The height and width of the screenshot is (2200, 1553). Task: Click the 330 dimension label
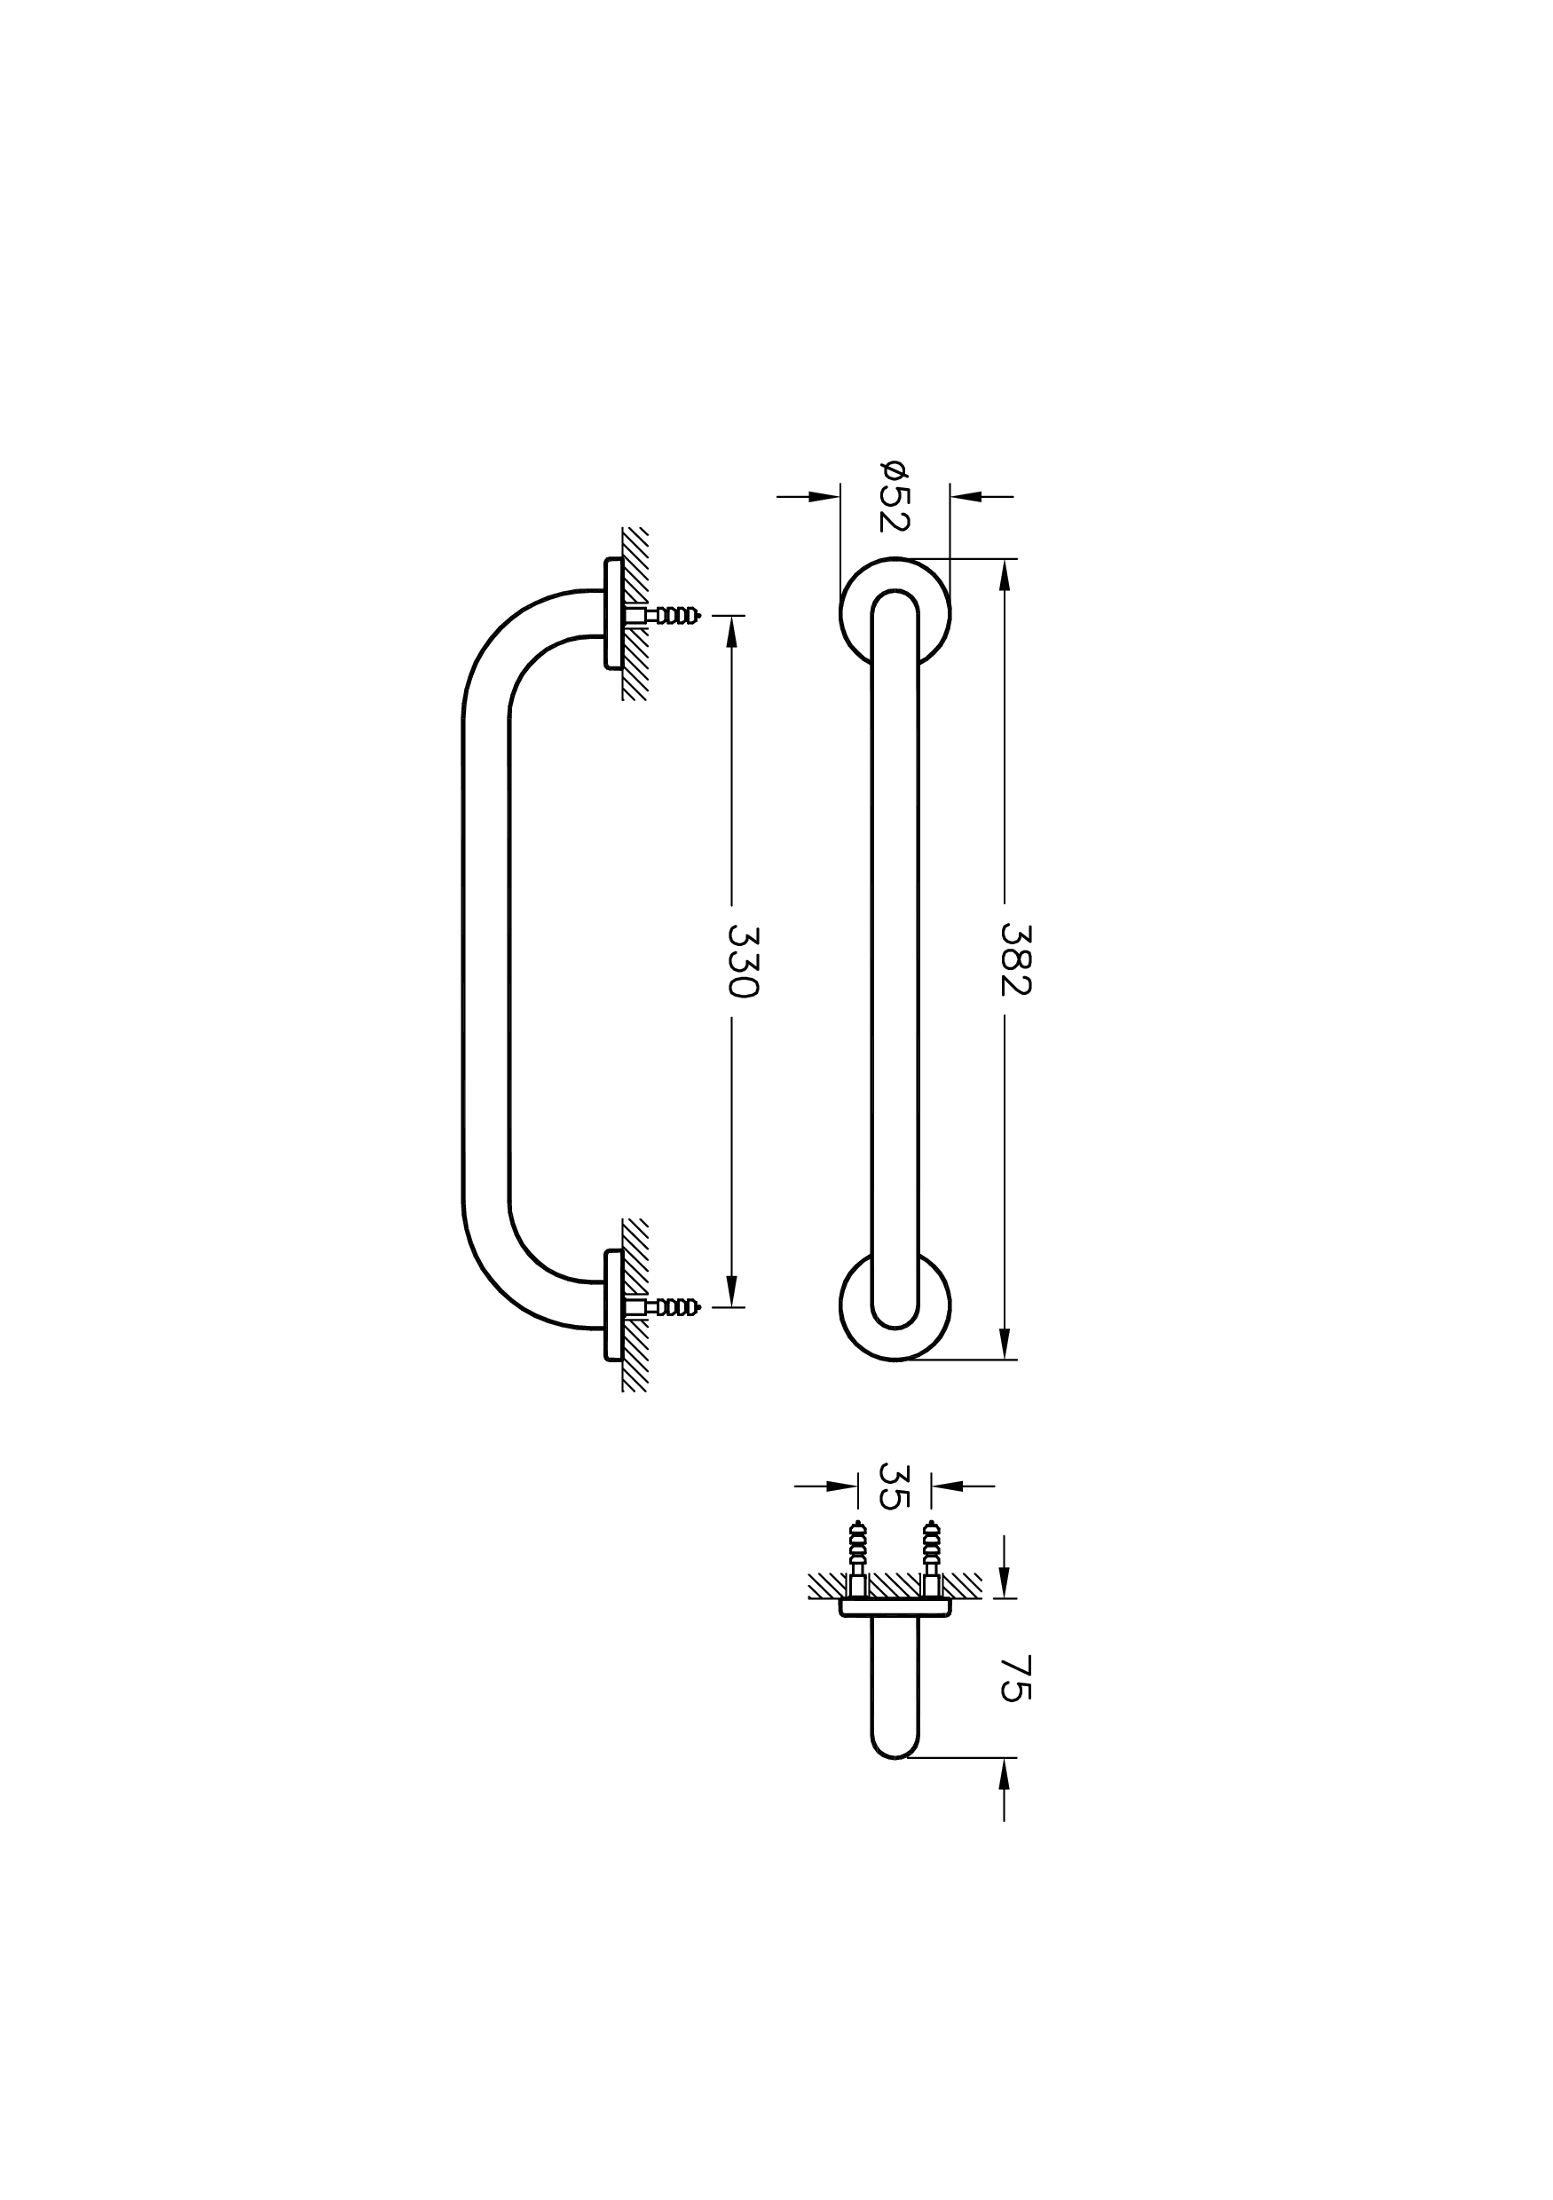click(744, 961)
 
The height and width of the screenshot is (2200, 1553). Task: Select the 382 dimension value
click(1015, 959)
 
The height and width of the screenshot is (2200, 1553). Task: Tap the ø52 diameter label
click(893, 495)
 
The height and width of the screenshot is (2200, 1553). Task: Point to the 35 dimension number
click(893, 1486)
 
